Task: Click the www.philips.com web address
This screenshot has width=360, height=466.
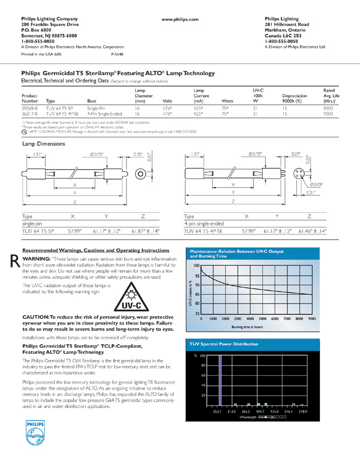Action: (180, 19)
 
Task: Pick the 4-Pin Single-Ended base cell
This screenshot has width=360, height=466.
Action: (103, 115)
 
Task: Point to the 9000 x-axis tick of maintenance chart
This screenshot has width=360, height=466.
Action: (312, 319)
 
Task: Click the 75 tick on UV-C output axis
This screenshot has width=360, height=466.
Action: (196, 313)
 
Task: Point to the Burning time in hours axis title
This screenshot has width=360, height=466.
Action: (247, 326)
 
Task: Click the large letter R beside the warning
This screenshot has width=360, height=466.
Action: (15, 261)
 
